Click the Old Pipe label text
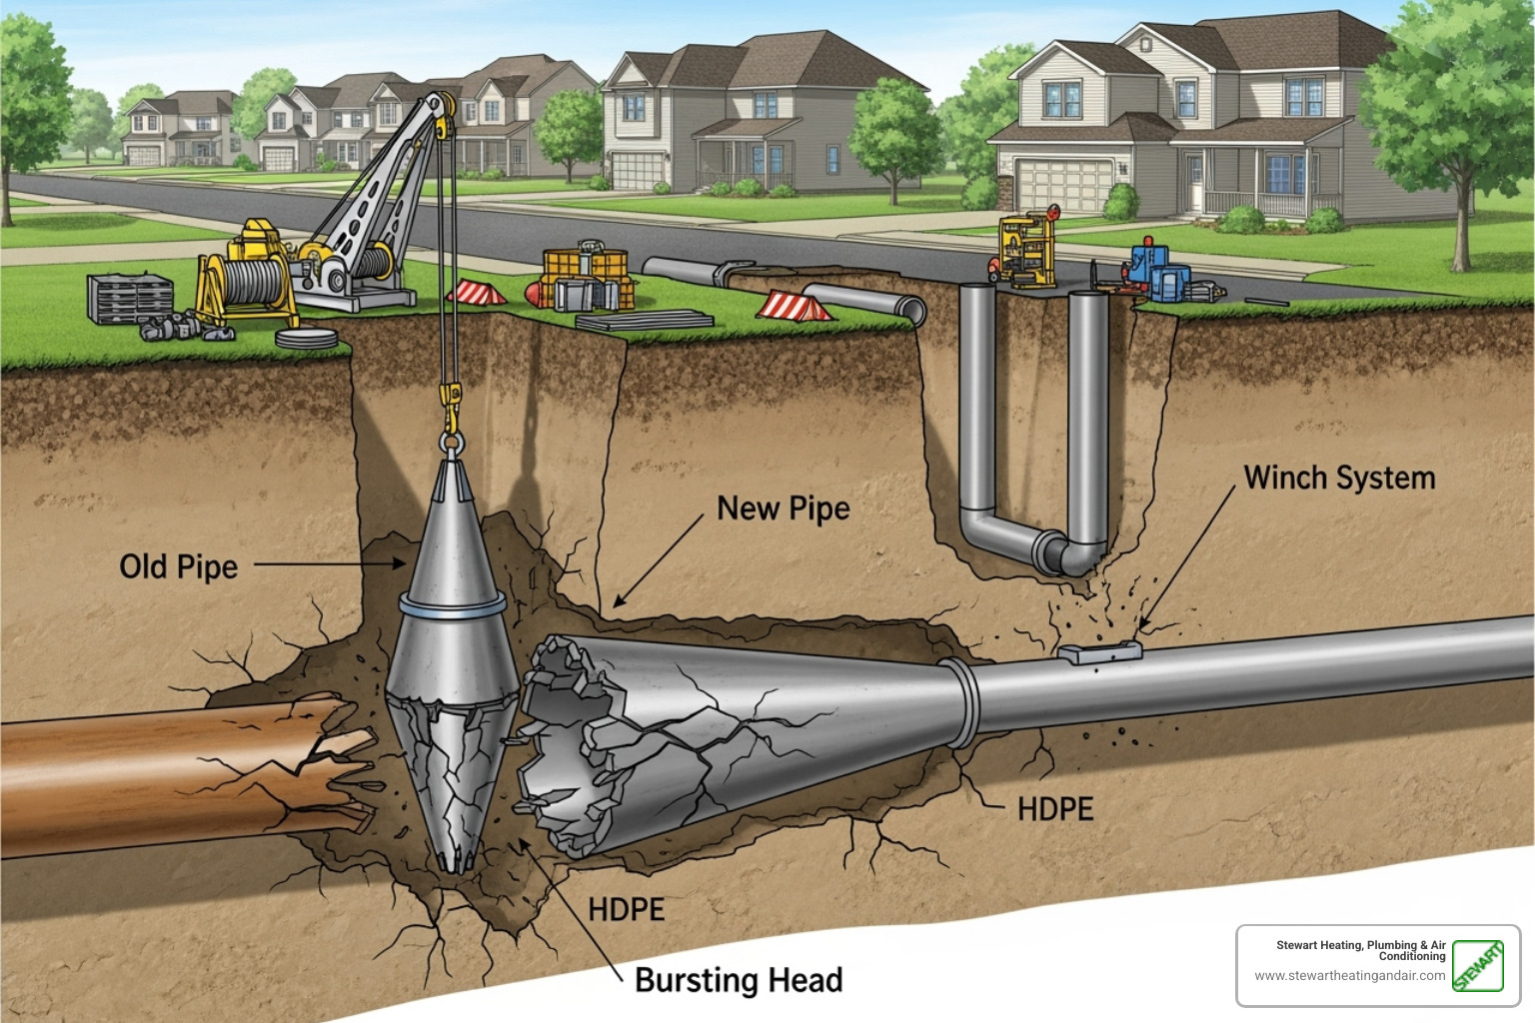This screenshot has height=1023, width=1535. (x=178, y=566)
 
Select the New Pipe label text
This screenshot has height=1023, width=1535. (x=782, y=509)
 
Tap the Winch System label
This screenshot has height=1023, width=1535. (x=1338, y=478)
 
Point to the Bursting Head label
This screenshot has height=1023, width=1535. (x=738, y=980)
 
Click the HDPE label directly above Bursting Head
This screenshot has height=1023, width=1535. (x=626, y=910)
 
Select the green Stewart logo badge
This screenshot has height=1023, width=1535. (x=1477, y=966)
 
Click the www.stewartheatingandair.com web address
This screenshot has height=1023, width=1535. (x=1349, y=976)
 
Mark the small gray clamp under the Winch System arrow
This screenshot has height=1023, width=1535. (x=1098, y=652)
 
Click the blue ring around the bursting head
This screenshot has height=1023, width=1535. (x=452, y=605)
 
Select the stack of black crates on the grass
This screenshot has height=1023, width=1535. (x=129, y=299)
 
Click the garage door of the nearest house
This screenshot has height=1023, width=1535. (x=1063, y=185)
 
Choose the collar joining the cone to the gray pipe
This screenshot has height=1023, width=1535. (x=961, y=701)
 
